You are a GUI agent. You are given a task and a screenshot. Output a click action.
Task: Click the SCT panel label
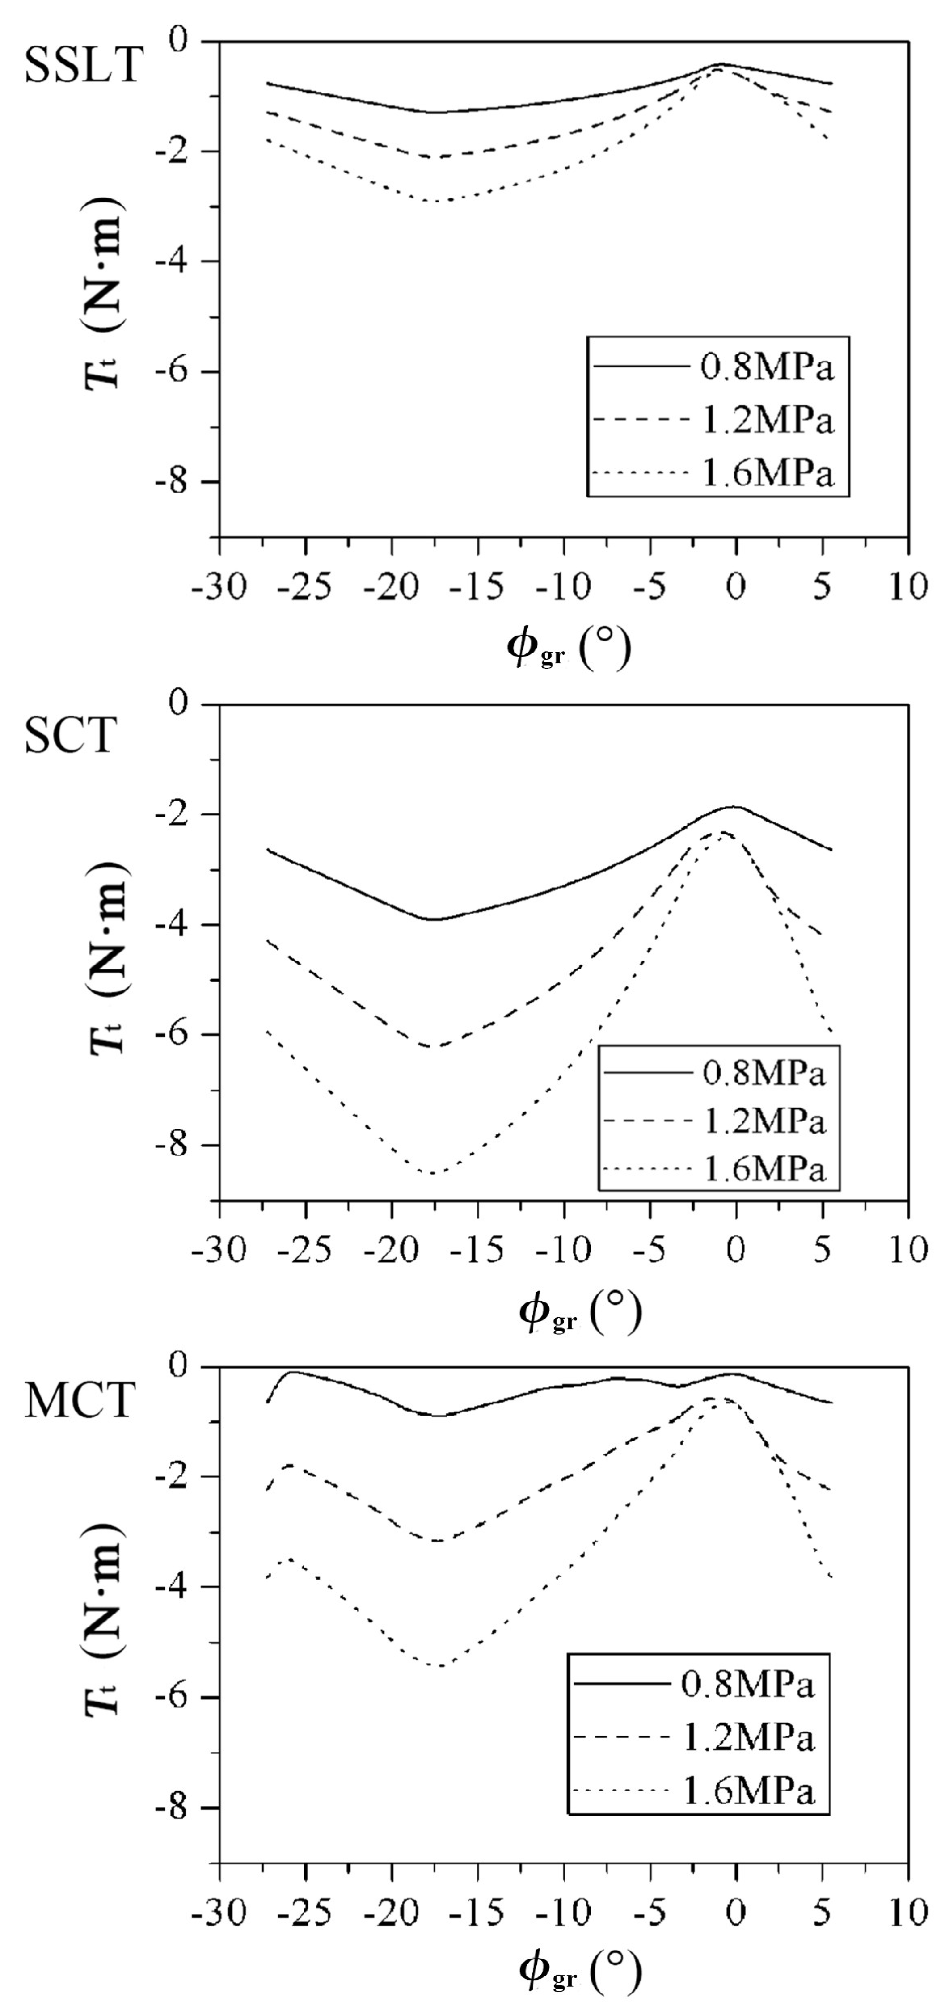coord(70,735)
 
